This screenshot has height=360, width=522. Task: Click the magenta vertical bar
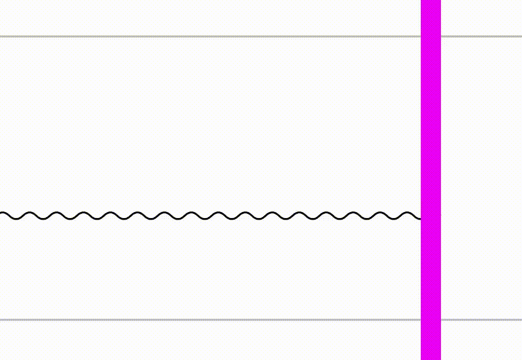(431, 135)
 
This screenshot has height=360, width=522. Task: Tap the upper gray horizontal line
(216, 36)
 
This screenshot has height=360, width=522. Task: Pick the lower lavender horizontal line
(216, 320)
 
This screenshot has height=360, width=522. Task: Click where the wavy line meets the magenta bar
(421, 218)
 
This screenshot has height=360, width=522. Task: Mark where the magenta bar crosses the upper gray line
(431, 36)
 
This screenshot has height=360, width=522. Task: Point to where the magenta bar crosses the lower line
(431, 320)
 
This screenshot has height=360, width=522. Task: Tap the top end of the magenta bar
(431, 2)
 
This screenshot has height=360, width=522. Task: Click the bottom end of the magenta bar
(431, 358)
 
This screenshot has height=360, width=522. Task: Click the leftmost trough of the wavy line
(16, 219)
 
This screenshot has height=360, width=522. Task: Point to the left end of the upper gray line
(1, 36)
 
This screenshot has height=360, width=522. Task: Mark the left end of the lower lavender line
(1, 320)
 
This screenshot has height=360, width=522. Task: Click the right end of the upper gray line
(520, 36)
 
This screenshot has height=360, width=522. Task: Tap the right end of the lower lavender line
(520, 320)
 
